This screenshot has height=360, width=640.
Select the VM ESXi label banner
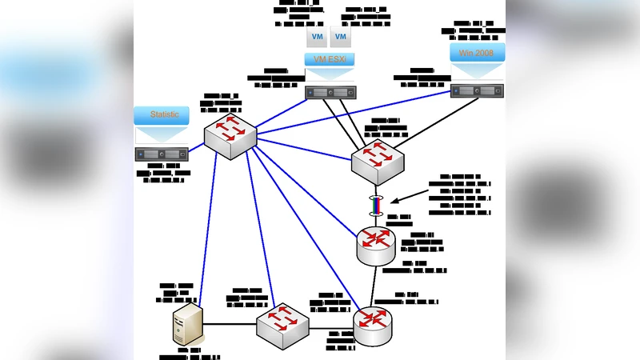(330, 59)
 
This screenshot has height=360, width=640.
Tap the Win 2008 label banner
(477, 53)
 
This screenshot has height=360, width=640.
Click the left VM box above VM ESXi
(316, 38)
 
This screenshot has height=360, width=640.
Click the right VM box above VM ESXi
(341, 38)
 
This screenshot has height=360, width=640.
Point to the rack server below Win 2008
(477, 91)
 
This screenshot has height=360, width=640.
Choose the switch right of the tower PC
(282, 325)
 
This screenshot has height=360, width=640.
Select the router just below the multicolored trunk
(376, 243)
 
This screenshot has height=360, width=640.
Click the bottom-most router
(373, 324)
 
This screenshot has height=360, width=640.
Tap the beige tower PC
(186, 324)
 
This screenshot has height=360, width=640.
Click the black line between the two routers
(374, 283)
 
